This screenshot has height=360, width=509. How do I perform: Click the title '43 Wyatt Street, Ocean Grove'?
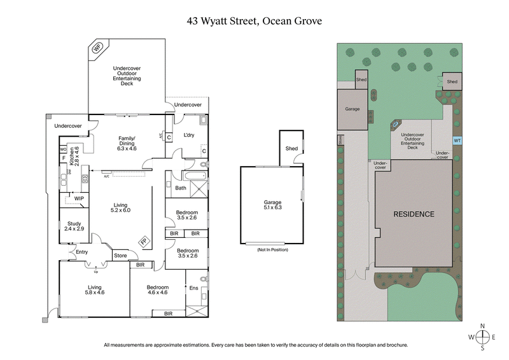(x=254, y=20)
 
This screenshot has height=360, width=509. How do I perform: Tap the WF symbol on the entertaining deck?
(x=98, y=48)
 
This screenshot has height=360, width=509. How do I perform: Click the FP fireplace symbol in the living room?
(x=144, y=242)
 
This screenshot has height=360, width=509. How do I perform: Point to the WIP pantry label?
(x=79, y=199)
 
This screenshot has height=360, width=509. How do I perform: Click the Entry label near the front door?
(x=82, y=253)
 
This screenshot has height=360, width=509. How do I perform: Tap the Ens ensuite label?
(x=194, y=288)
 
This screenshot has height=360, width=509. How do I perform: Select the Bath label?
(x=181, y=188)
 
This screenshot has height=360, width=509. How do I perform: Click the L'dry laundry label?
(x=189, y=135)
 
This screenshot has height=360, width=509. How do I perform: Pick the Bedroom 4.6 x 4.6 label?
(x=157, y=291)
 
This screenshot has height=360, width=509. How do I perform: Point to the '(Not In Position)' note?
(x=272, y=250)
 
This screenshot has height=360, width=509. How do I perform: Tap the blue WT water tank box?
(x=457, y=141)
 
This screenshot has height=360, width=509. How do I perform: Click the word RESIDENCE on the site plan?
(x=413, y=214)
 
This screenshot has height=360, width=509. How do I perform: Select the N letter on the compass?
(x=483, y=326)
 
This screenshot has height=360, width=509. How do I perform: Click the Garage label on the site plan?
(x=352, y=109)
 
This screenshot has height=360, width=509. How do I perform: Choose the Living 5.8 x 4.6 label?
(x=94, y=291)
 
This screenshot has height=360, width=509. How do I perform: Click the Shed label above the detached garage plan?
(x=291, y=148)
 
